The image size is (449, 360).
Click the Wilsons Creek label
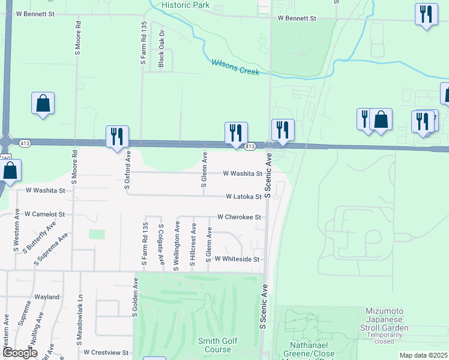click(x=235, y=67)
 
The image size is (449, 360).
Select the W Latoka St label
click(x=243, y=197)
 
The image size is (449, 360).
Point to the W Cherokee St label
click(x=239, y=217)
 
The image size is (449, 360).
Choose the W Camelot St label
click(x=44, y=214)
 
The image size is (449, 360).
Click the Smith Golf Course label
click(x=217, y=345)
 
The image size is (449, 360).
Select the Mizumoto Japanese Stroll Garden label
click(x=387, y=320)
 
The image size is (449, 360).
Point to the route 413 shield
click(x=251, y=146)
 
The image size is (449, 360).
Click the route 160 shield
click(x=6, y=157)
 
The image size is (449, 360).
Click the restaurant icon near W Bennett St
click(x=426, y=14)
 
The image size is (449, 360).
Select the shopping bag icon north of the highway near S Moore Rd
click(x=43, y=103)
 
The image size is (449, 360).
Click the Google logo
click(x=20, y=353)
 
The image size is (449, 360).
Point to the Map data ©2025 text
click(x=423, y=355)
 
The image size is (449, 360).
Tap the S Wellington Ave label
click(x=177, y=246)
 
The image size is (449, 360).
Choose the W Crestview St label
click(x=107, y=352)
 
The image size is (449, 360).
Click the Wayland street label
click(x=47, y=297)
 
